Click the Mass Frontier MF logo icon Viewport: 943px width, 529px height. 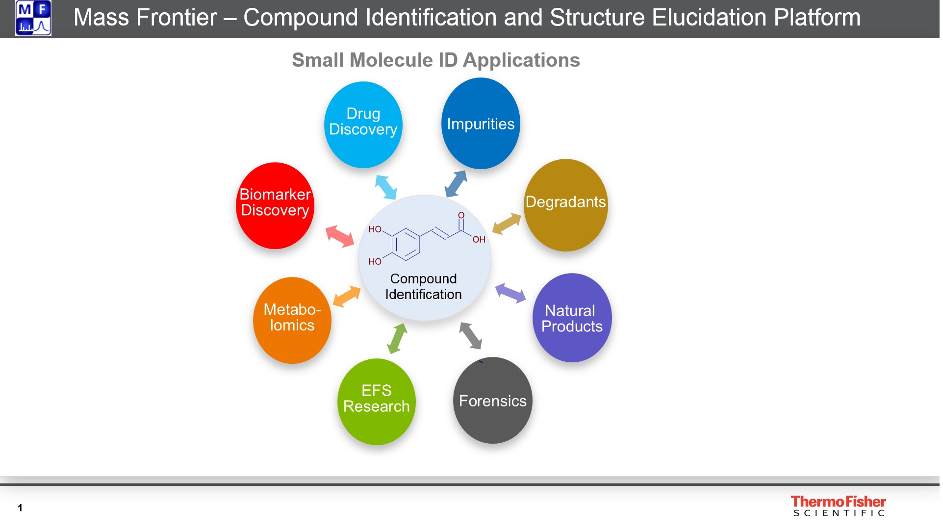(x=33, y=18)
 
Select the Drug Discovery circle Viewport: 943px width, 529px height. (x=363, y=125)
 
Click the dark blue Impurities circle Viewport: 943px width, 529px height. (x=481, y=124)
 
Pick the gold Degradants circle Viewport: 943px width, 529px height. (x=565, y=205)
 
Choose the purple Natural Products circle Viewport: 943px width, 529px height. (x=572, y=318)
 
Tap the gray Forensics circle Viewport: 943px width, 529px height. (x=492, y=401)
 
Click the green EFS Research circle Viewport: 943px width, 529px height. (x=376, y=402)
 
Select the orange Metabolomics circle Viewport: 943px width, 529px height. (x=292, y=320)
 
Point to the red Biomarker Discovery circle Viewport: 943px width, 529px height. (x=275, y=205)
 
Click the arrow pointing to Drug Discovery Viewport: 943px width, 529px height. (x=386, y=187)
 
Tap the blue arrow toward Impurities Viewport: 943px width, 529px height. (x=456, y=183)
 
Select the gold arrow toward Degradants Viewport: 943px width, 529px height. (x=507, y=224)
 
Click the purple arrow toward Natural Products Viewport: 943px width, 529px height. (x=510, y=293)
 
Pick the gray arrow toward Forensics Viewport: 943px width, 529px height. (x=471, y=336)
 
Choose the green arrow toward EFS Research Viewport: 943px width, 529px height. (x=397, y=338)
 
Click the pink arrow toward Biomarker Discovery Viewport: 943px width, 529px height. (x=340, y=236)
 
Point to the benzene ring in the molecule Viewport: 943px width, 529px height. (x=406, y=244)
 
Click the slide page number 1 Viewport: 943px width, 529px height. (x=20, y=508)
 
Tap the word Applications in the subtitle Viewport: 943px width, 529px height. (x=521, y=60)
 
